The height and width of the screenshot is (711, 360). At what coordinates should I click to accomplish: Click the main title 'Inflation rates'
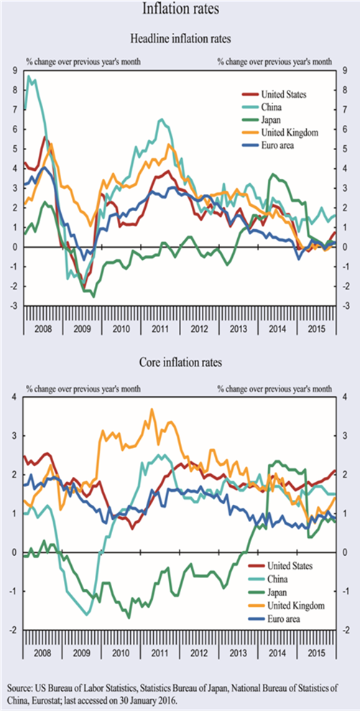point(180,9)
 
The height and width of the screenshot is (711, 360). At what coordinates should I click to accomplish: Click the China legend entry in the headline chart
point(272,107)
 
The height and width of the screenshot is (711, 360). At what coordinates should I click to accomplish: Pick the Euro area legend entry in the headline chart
point(278,145)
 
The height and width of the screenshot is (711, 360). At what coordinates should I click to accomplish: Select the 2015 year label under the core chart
point(316,651)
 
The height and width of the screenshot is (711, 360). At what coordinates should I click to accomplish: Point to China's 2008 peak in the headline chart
point(29,75)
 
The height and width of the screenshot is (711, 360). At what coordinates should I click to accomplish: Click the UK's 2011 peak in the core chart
point(152,409)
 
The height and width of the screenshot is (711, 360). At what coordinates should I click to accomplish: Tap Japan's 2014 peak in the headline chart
point(272,174)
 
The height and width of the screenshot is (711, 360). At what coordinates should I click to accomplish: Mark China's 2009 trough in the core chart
point(87,615)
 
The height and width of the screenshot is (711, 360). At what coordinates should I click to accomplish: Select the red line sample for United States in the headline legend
point(249,95)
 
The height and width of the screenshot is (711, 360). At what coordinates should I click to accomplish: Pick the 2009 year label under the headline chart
point(83,327)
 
